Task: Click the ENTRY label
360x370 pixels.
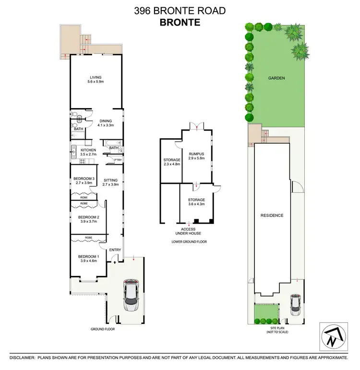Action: click(115, 250)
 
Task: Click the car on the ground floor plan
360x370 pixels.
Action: click(131, 295)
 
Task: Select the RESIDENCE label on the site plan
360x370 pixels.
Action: click(272, 216)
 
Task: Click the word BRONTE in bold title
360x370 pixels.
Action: click(180, 23)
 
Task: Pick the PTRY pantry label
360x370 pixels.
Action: click(117, 160)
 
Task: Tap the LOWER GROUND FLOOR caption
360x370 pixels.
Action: click(189, 242)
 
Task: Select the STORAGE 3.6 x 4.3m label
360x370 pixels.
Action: click(196, 201)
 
